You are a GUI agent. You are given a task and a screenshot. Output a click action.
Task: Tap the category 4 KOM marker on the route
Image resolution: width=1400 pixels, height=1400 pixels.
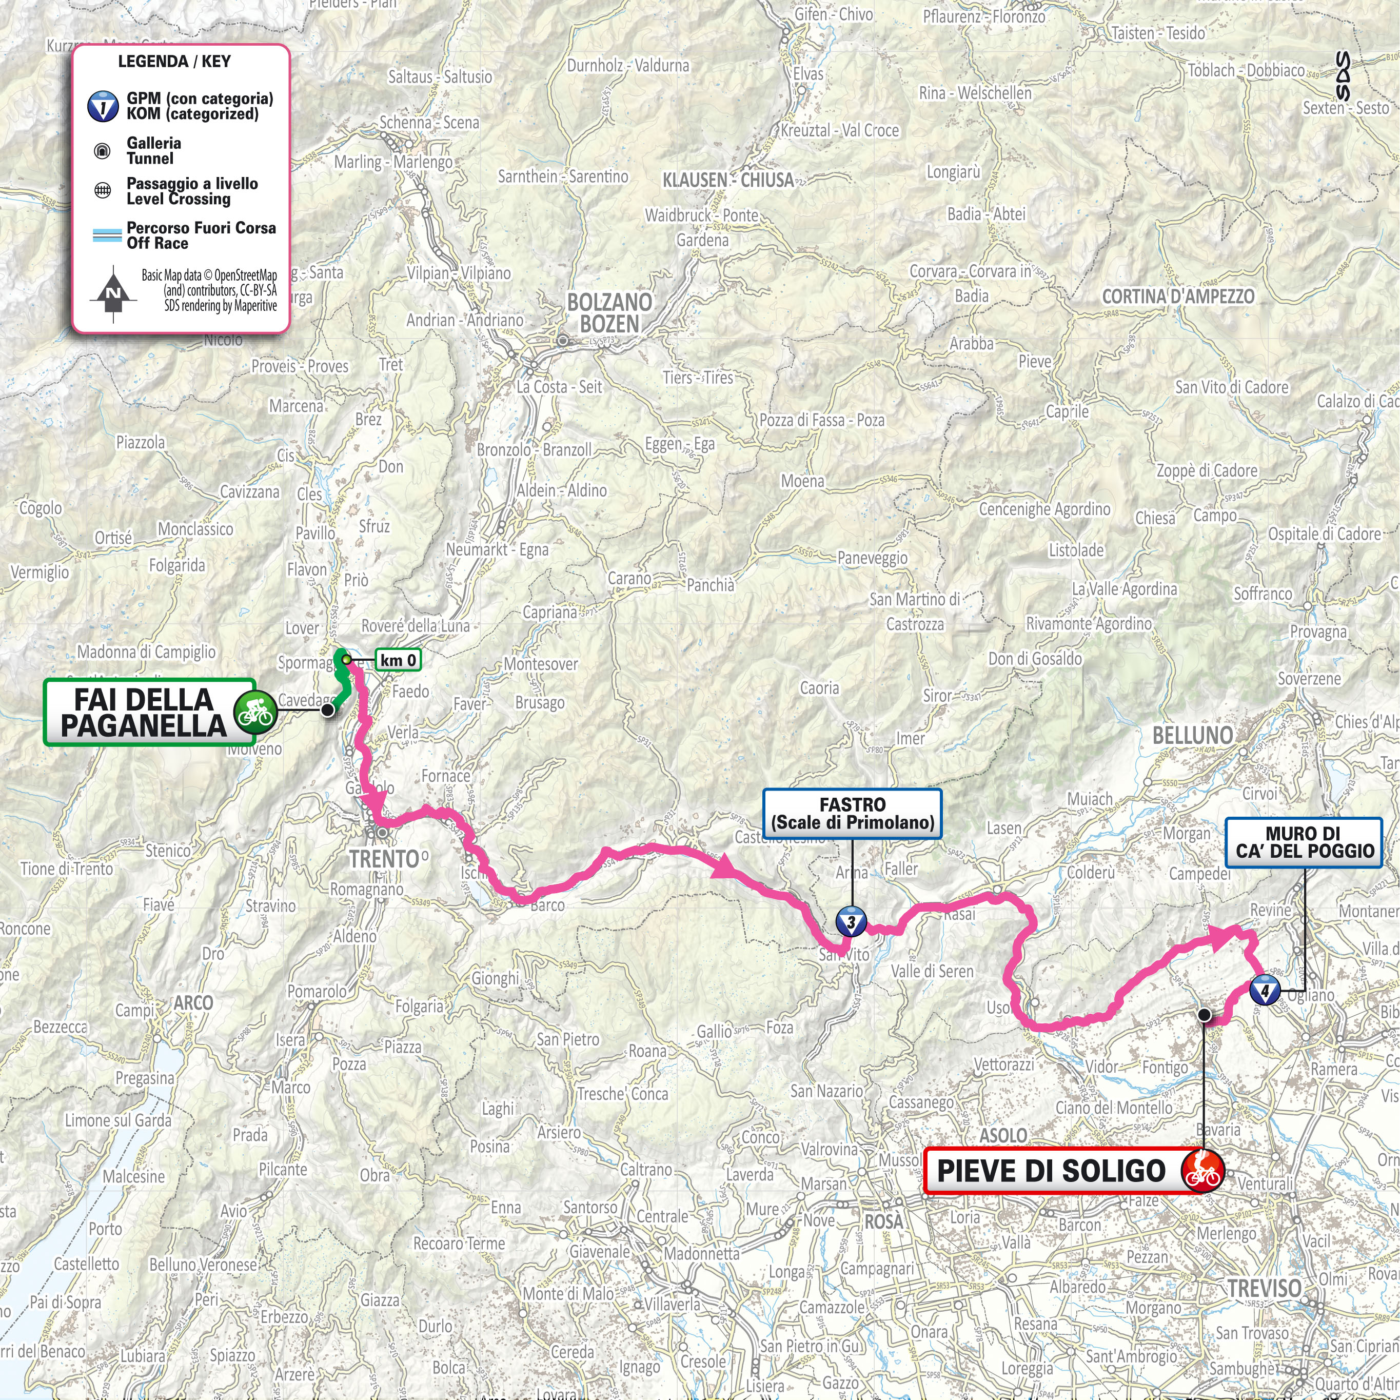pos(1265,990)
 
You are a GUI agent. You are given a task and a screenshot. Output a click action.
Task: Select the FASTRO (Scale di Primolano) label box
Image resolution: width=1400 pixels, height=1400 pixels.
pos(852,814)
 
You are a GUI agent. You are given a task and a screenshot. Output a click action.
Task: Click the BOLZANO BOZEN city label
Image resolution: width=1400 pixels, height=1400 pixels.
pos(609,313)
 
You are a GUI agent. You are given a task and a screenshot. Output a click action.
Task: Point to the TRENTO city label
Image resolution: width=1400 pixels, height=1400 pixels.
pos(385,859)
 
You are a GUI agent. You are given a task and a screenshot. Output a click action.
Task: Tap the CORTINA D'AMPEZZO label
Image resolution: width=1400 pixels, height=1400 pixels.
pos(1177,297)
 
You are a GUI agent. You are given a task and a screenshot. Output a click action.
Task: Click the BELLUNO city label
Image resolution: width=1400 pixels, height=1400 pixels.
pos(1192,736)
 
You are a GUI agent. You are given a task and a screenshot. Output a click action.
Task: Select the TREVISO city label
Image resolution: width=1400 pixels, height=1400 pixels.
pos(1265,1288)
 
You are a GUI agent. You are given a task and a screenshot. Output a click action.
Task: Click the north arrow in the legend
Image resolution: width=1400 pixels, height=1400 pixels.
pos(113,293)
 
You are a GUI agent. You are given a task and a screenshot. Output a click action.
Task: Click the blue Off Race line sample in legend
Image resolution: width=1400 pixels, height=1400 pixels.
pos(107,235)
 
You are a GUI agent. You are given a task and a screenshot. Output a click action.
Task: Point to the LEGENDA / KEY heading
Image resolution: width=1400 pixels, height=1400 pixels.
pos(174,62)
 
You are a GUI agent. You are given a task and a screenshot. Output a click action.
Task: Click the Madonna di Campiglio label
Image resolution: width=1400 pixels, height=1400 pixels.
pos(146,652)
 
